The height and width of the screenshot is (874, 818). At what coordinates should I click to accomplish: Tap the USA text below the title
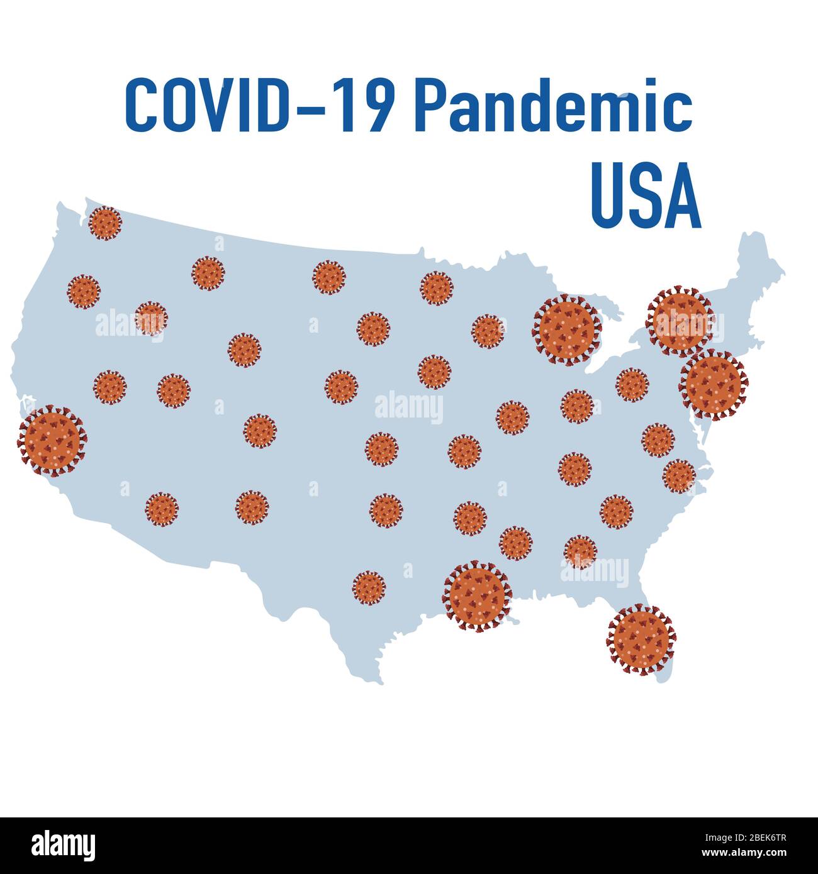click(646, 196)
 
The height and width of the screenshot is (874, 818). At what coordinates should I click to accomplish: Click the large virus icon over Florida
click(641, 640)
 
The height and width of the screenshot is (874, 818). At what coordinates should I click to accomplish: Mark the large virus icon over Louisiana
click(478, 597)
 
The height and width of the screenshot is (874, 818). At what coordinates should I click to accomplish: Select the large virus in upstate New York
click(680, 321)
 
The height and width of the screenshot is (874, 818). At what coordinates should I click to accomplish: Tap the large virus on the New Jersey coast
click(714, 384)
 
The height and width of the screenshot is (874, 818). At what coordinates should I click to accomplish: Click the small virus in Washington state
click(105, 223)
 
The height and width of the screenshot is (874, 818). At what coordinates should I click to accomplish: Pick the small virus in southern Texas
click(369, 588)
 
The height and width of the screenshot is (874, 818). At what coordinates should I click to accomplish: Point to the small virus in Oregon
click(84, 291)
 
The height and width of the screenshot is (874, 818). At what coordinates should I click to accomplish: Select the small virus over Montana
click(208, 273)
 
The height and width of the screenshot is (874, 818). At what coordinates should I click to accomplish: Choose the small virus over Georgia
click(580, 551)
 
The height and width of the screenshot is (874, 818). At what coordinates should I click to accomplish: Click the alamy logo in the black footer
click(64, 844)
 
